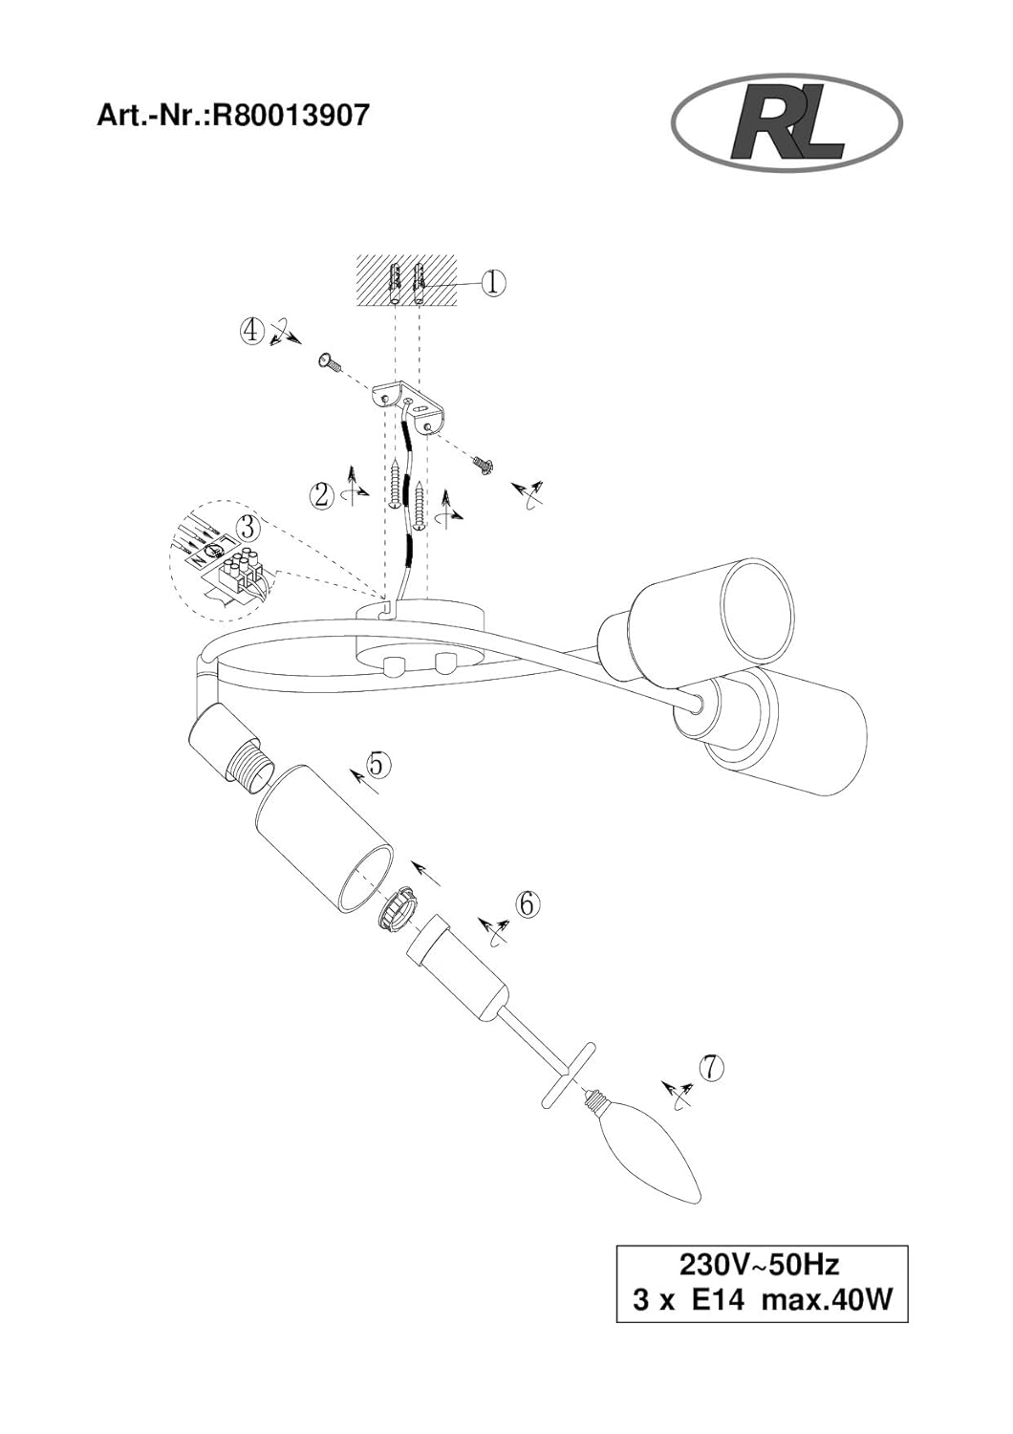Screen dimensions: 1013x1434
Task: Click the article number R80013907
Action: click(x=291, y=116)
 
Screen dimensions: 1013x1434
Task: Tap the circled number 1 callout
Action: click(x=493, y=282)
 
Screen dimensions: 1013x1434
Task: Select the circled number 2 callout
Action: click(x=322, y=495)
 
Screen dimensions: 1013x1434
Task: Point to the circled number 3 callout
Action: click(x=248, y=528)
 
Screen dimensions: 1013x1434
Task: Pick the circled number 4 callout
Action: click(x=251, y=331)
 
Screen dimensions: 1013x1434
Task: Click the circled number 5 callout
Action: click(x=377, y=764)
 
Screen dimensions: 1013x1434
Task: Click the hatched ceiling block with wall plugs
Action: click(x=407, y=281)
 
